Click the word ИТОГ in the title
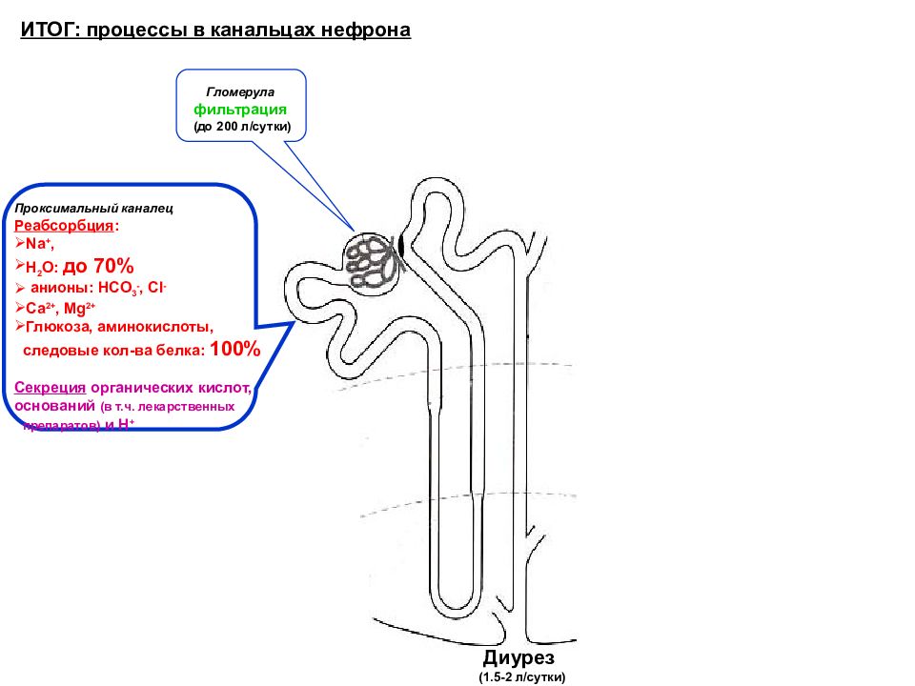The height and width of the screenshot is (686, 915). pos(49,30)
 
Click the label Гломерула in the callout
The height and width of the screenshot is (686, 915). pos(241,92)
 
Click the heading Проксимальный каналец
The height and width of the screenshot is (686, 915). pos(93,207)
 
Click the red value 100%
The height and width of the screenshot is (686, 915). pos(234,350)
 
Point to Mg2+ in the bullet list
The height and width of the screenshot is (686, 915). pos(79,308)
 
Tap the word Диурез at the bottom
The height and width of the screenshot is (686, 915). pos(518,658)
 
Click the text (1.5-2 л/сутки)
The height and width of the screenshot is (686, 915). pos(521,677)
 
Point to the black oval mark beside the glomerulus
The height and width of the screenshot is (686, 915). pos(401,245)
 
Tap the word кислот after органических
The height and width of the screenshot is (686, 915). pos(228,389)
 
